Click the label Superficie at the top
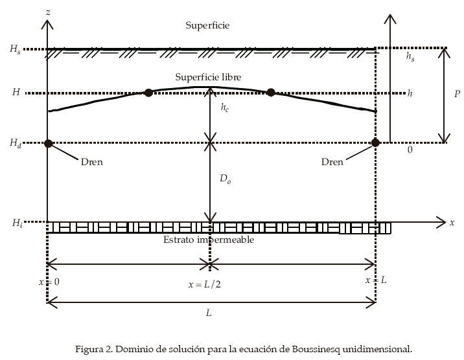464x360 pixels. pyautogui.click(x=207, y=25)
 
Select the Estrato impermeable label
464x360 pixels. pyautogui.click(x=208, y=240)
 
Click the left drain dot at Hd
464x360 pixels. pyautogui.click(x=47, y=143)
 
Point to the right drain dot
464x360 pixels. pyautogui.click(x=375, y=142)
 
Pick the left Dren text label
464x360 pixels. pyautogui.click(x=92, y=162)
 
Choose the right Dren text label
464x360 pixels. pyautogui.click(x=332, y=162)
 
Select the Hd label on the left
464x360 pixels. pyautogui.click(x=15, y=143)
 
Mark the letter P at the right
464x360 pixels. pyautogui.click(x=456, y=94)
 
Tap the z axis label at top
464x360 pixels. pyautogui.click(x=49, y=12)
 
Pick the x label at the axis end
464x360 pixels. pyautogui.click(x=452, y=222)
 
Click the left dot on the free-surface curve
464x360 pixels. pyautogui.click(x=148, y=93)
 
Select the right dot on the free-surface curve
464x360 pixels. pyautogui.click(x=271, y=93)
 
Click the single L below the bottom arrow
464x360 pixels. pyautogui.click(x=209, y=312)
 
